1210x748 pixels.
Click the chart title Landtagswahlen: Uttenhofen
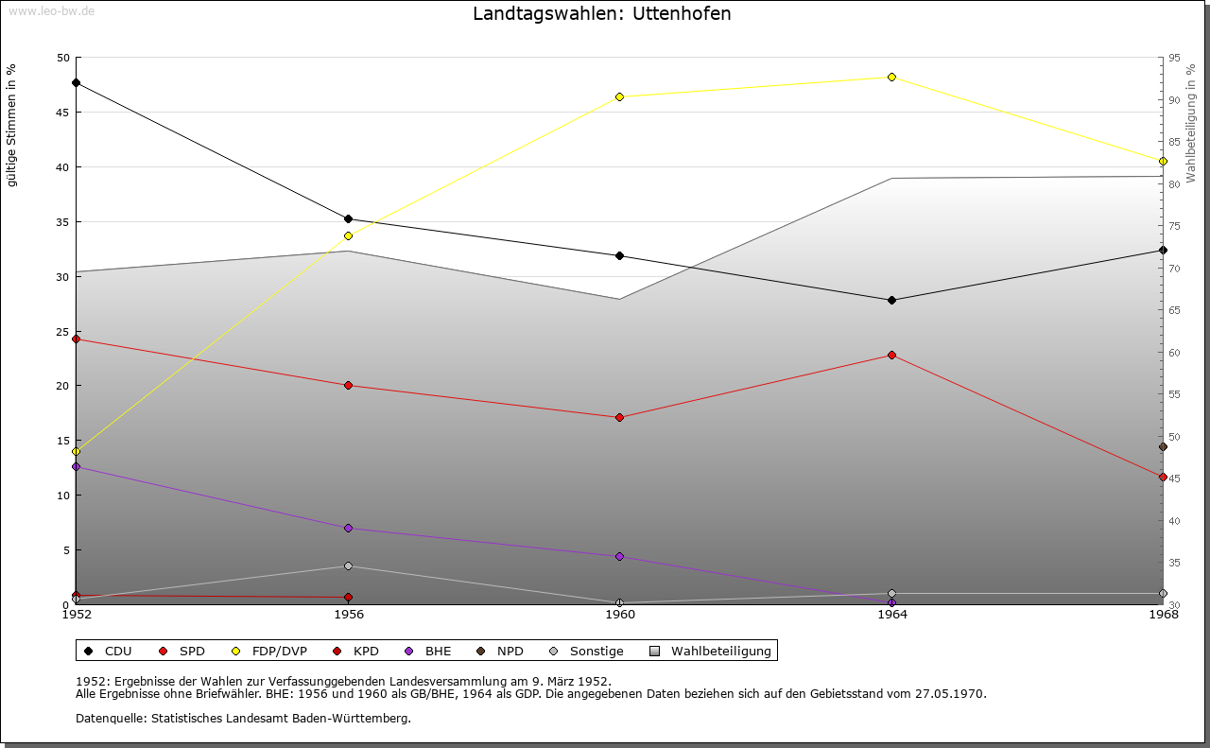coord(601,14)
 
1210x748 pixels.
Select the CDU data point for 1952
coord(76,83)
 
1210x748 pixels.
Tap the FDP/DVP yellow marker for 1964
coord(891,77)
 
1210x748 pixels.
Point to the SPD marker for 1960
coord(620,417)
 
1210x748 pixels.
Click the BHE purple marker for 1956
coord(348,528)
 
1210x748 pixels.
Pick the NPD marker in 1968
coord(1163,447)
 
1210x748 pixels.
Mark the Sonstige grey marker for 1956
coord(348,566)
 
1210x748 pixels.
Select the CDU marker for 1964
coord(891,300)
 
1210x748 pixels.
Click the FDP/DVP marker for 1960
coord(620,96)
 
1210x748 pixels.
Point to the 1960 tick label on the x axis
coord(620,615)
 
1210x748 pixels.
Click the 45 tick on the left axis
coord(62,113)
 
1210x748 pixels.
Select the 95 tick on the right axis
coord(1174,58)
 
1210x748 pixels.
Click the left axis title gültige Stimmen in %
coord(12,126)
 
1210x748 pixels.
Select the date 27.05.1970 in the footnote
coord(949,693)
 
